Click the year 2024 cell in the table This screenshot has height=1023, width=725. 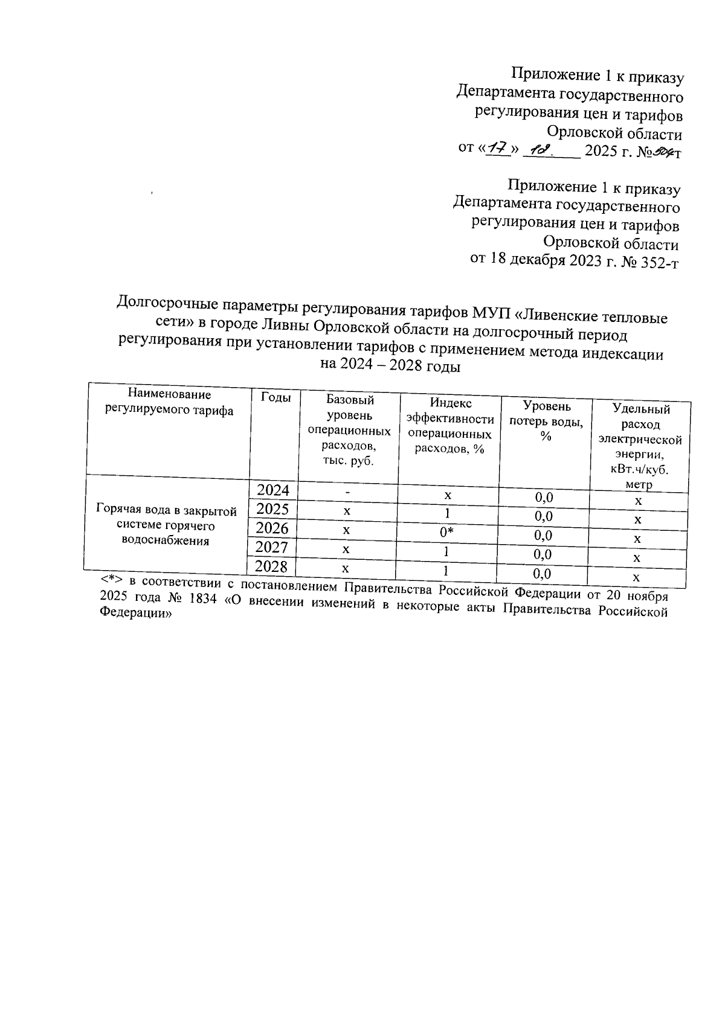click(273, 489)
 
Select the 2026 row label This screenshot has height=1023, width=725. click(272, 528)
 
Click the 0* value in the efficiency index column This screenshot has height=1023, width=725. click(446, 532)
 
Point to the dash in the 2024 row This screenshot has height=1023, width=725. click(347, 492)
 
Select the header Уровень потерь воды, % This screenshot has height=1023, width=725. click(546, 421)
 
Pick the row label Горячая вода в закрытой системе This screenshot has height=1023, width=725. click(166, 525)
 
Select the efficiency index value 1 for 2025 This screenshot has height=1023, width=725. click(447, 513)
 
